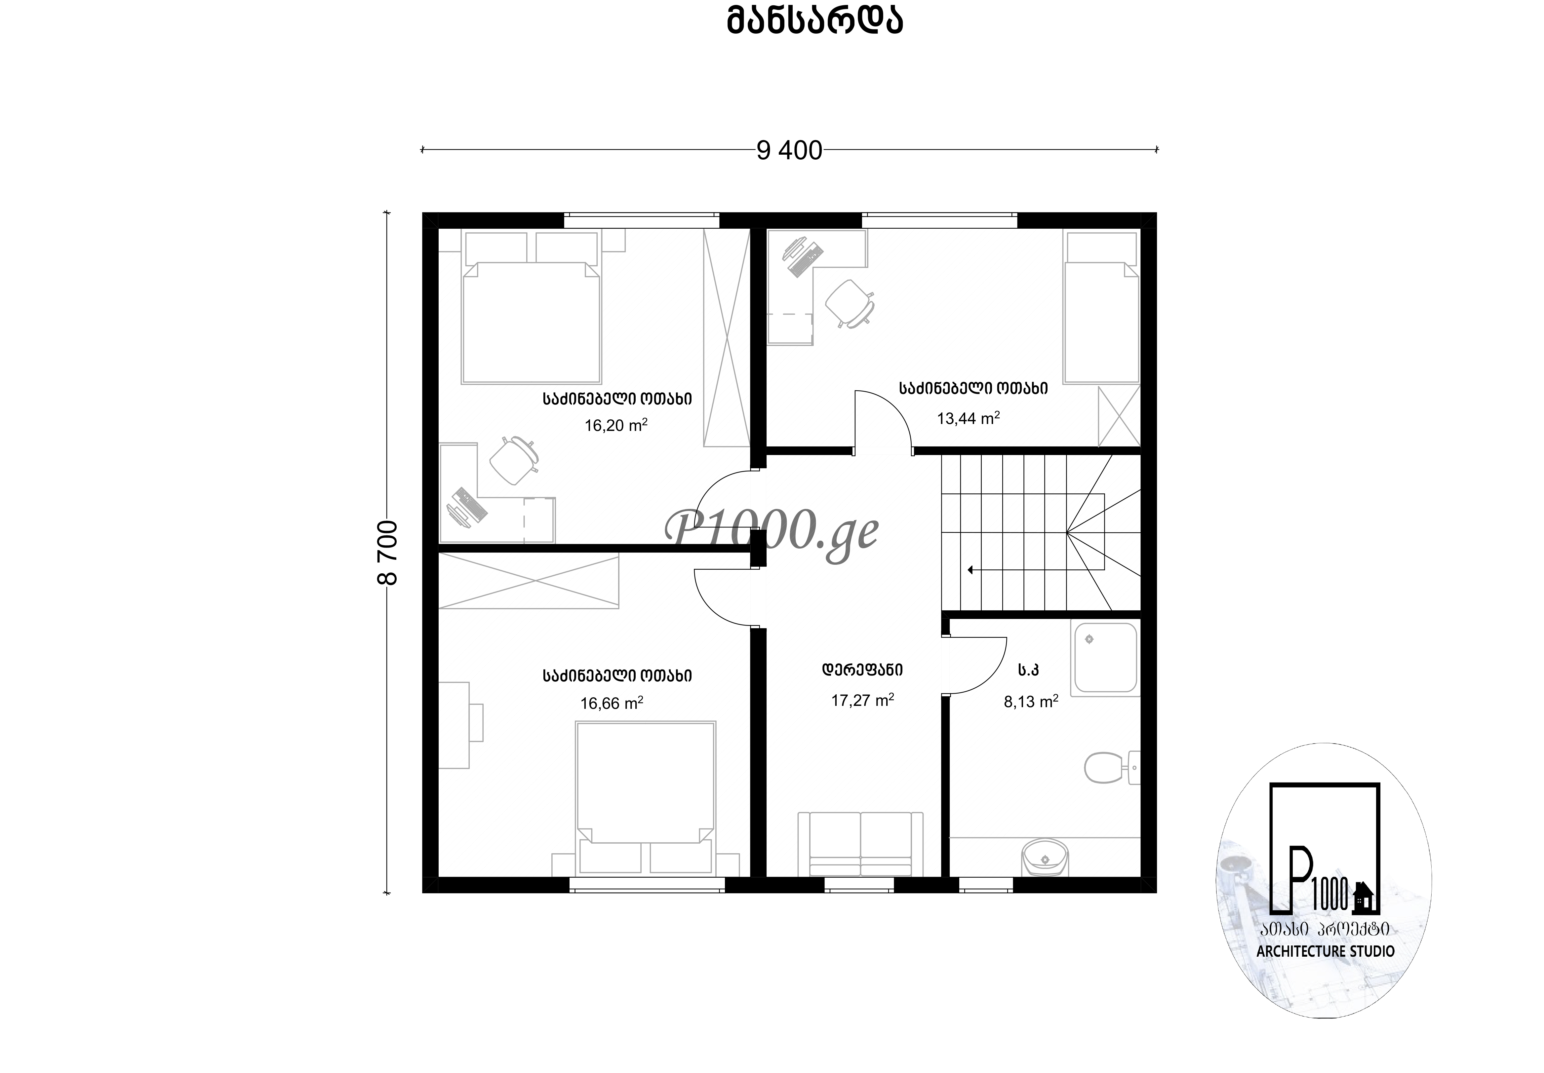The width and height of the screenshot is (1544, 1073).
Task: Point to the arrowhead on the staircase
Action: [970, 570]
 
